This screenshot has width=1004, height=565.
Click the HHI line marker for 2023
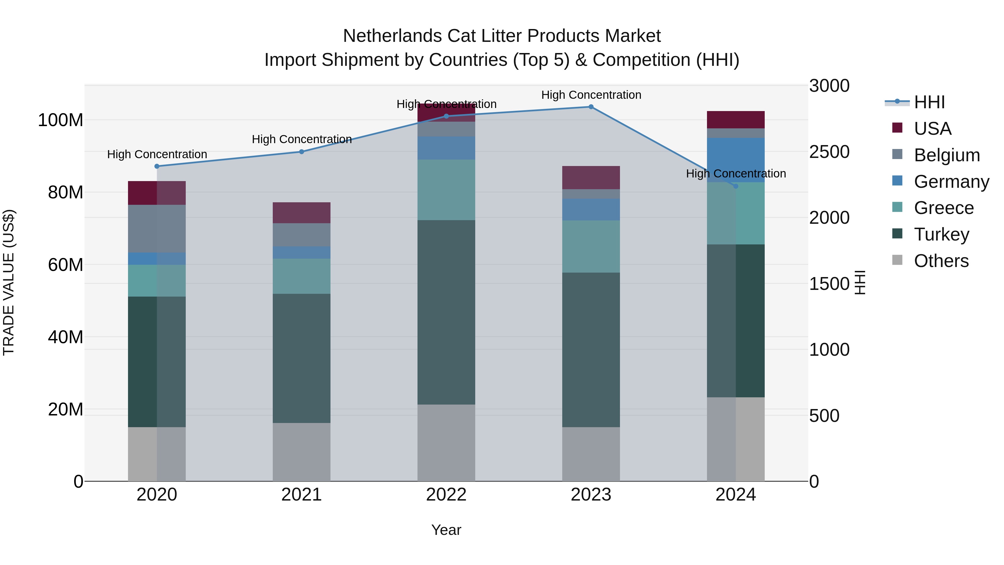(591, 107)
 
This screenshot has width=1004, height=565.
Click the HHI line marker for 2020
(157, 166)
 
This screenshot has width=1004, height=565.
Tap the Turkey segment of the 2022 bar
(446, 312)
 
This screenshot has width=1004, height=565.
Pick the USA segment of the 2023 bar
(591, 178)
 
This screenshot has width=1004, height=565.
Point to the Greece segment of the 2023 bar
(591, 246)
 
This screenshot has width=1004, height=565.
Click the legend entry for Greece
(943, 208)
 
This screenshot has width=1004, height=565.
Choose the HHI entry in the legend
(929, 102)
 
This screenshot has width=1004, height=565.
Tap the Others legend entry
(941, 261)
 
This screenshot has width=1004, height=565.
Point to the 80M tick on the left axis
(66, 192)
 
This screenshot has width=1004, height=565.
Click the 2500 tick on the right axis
(829, 152)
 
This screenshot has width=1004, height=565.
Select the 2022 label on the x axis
(446, 495)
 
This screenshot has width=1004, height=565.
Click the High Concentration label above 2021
(302, 139)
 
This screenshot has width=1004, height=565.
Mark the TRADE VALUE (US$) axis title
(9, 283)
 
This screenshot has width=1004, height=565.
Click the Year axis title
(446, 530)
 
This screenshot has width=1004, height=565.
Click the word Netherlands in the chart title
(392, 36)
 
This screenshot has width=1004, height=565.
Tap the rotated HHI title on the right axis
(860, 283)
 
